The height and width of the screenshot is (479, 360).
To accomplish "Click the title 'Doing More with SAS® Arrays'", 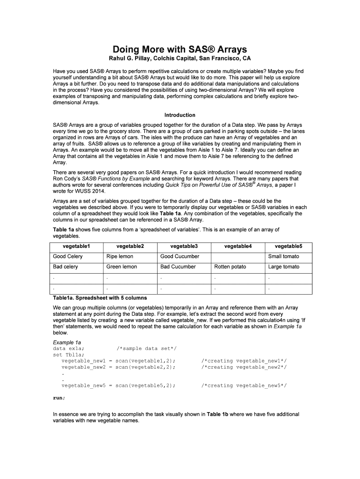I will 180,49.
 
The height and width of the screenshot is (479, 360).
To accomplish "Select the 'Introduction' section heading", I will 180,115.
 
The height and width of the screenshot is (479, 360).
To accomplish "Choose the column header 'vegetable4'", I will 238,246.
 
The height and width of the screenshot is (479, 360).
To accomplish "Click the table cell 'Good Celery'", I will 68,256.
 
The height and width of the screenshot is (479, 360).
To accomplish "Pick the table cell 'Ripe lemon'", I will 120,256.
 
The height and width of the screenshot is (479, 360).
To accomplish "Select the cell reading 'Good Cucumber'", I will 180,256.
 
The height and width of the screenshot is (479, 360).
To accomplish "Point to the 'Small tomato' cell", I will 283,256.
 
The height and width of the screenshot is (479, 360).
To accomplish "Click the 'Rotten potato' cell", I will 230,267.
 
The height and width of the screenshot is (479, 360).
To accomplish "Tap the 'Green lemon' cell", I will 122,267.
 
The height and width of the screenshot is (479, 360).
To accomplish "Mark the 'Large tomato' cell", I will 284,267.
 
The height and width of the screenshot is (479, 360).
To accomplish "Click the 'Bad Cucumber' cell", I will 178,267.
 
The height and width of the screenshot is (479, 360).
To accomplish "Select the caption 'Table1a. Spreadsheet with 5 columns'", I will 100,298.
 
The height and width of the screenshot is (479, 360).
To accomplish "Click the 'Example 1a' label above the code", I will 67,342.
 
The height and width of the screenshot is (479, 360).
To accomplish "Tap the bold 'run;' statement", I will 59,398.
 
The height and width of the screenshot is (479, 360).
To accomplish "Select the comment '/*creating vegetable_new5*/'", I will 244,385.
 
